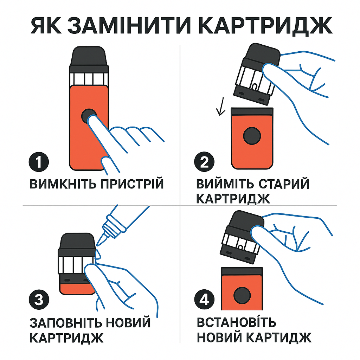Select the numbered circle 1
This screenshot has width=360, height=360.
38,163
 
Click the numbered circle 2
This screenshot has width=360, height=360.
204,163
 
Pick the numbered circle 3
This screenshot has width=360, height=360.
38,300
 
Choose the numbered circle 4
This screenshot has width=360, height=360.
204,300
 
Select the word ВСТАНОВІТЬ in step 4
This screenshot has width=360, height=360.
236,322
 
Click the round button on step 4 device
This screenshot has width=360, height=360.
242,296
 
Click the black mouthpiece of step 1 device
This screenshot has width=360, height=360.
89,58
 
